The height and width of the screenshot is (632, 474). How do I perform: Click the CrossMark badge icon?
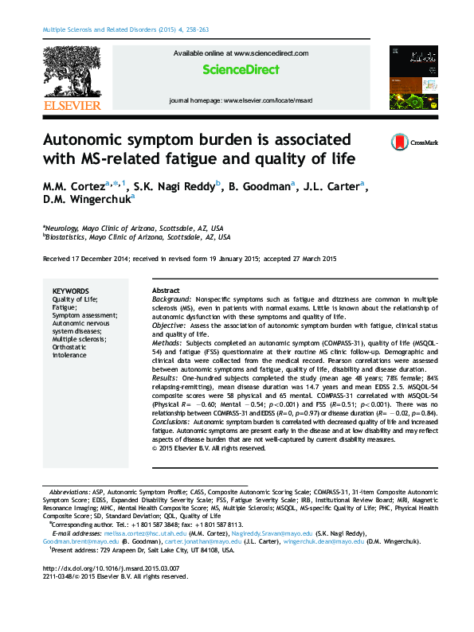(x=399, y=142)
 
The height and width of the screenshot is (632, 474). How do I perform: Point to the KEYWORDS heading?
(x=71, y=291)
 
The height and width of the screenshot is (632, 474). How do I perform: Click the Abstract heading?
(x=166, y=291)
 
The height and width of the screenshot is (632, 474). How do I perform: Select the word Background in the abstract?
(x=172, y=299)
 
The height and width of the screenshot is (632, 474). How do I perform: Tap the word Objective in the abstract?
(x=170, y=326)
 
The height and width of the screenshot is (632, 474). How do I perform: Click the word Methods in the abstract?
(x=167, y=343)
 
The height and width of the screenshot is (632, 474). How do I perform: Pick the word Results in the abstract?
(x=166, y=378)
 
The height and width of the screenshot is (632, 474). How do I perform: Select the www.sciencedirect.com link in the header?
(x=271, y=53)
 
